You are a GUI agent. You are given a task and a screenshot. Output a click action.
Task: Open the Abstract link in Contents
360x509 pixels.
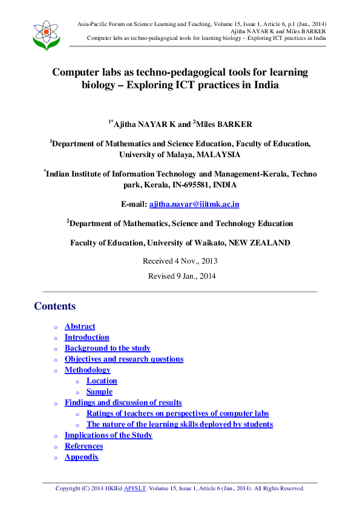[80, 326]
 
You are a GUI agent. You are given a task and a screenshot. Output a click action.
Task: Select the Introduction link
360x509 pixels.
[87, 337]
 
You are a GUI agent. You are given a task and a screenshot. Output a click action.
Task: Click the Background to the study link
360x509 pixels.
[108, 348]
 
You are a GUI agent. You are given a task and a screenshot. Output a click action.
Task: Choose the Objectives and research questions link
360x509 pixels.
[124, 359]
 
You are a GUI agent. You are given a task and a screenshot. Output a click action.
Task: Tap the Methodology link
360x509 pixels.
[88, 370]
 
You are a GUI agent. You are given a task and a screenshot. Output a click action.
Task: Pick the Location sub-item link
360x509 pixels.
[102, 381]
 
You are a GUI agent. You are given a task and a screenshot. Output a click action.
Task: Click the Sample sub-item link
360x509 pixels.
[99, 392]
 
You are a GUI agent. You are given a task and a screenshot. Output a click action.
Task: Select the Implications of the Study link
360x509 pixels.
[109, 435]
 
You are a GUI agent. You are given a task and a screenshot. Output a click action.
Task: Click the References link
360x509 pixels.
[84, 446]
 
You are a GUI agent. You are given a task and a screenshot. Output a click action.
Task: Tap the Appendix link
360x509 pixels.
[82, 457]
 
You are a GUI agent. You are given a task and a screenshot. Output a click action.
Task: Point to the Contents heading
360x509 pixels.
[55, 306]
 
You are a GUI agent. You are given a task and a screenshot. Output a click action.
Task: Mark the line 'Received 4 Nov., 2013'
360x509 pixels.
[180, 261]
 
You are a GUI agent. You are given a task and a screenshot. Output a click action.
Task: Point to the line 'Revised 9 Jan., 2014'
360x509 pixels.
[180, 276]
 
